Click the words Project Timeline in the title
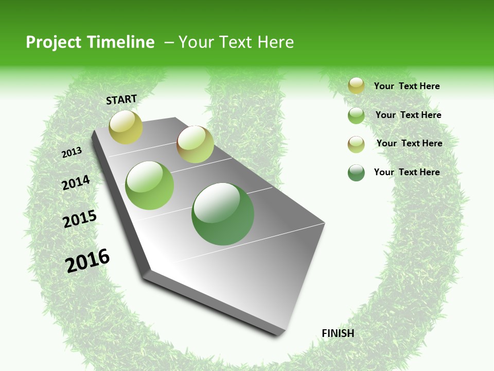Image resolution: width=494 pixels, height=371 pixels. click(x=90, y=42)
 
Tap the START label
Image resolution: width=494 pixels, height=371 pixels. click(x=121, y=99)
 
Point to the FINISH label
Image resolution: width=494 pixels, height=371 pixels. click(x=338, y=333)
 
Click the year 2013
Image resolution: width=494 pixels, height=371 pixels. click(x=72, y=153)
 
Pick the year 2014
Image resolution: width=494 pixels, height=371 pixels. click(x=76, y=183)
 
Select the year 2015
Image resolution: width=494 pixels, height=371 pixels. click(x=80, y=218)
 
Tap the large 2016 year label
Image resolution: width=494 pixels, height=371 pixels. click(x=87, y=260)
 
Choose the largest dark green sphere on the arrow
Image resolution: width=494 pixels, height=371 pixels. click(x=223, y=214)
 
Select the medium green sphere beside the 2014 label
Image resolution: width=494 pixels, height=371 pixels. click(x=150, y=185)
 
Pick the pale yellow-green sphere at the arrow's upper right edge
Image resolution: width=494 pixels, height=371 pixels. click(x=195, y=144)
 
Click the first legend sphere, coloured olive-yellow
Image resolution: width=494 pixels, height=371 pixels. click(x=356, y=86)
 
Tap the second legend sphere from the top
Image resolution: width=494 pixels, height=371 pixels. click(x=356, y=115)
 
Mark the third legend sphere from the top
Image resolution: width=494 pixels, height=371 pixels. click(x=356, y=144)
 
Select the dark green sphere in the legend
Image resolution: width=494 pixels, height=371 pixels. click(x=356, y=173)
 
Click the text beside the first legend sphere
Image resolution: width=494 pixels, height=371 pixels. click(x=407, y=86)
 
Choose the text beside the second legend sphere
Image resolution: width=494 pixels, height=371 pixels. click(x=408, y=115)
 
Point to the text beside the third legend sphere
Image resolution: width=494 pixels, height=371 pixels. click(x=409, y=143)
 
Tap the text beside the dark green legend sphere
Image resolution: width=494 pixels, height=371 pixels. click(x=407, y=172)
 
